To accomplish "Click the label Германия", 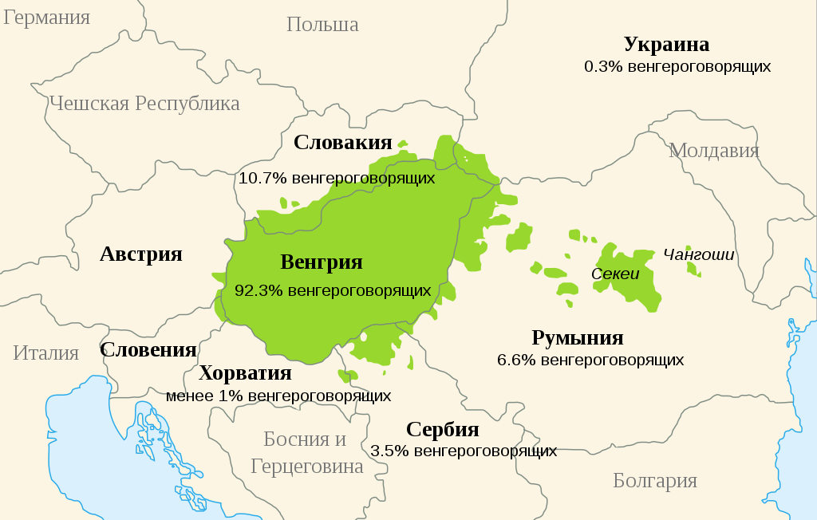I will tap(46, 18).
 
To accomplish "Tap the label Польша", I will tap(322, 25).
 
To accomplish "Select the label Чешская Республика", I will tap(144, 104).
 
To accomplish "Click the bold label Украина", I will tap(666, 45).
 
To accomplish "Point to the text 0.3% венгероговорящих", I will tap(677, 67).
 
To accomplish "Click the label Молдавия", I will tap(714, 150).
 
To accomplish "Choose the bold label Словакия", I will tap(343, 143).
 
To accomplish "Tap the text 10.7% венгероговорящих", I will tap(337, 178).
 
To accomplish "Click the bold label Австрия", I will tap(141, 254).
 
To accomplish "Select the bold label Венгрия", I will tap(322, 262).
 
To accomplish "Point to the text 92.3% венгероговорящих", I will tap(333, 291).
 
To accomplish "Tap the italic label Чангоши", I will tap(699, 255).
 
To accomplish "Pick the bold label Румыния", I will tap(578, 338).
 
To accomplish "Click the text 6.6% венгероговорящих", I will tap(590, 360).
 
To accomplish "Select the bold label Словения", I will tap(148, 349).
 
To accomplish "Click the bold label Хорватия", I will tap(245, 373).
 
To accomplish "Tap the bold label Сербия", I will tap(443, 430).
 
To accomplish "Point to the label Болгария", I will tap(655, 481).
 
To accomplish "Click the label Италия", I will tap(46, 353).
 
